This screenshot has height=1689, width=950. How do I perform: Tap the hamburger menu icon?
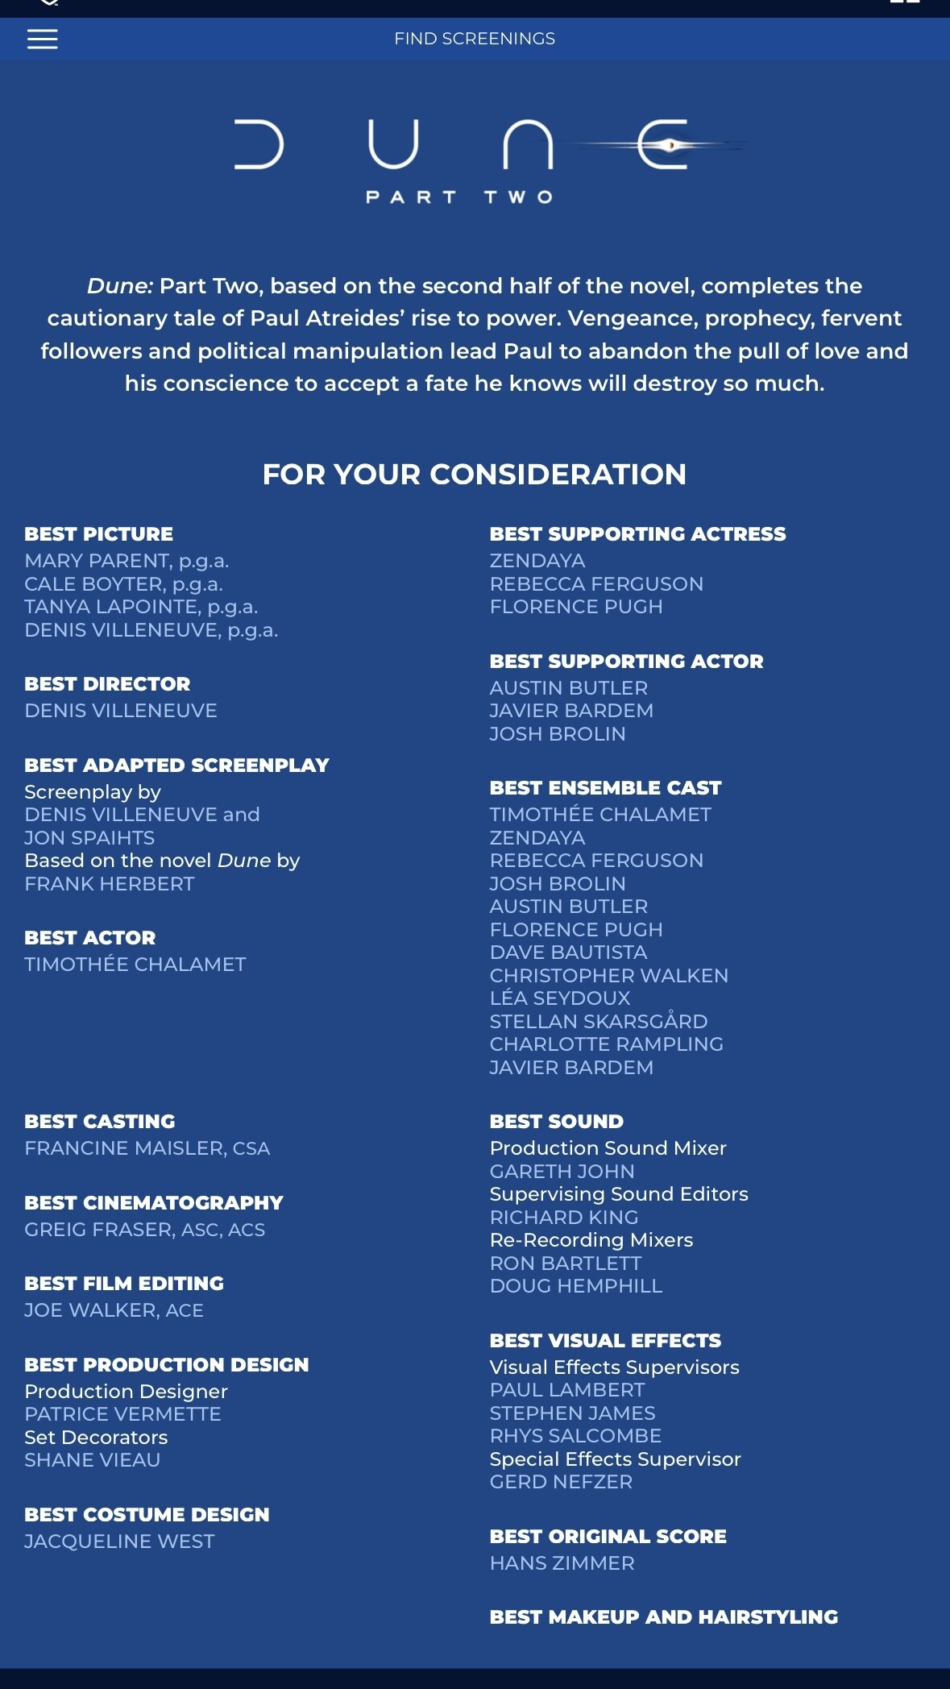click(43, 39)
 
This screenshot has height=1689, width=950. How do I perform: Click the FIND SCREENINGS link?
click(475, 39)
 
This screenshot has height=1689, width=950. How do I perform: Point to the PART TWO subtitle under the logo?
click(459, 197)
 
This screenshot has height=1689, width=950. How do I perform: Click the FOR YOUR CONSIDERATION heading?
click(475, 475)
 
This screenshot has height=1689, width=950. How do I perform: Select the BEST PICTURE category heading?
click(98, 534)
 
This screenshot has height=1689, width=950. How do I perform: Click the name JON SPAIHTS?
click(89, 838)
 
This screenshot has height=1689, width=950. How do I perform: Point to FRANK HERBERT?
click(110, 884)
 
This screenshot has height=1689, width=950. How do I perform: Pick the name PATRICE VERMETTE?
click(122, 1414)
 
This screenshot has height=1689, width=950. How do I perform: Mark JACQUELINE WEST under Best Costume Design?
click(119, 1542)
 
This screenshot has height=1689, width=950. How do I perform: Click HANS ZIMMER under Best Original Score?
click(562, 1563)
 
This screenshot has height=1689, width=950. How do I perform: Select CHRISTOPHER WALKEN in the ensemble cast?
click(608, 976)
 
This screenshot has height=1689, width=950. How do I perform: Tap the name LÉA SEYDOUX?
click(560, 998)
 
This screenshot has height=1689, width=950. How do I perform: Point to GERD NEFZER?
click(561, 1482)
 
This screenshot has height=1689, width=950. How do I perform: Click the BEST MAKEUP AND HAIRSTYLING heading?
click(663, 1617)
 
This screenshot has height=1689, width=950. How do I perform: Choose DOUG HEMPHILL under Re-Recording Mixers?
click(576, 1286)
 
